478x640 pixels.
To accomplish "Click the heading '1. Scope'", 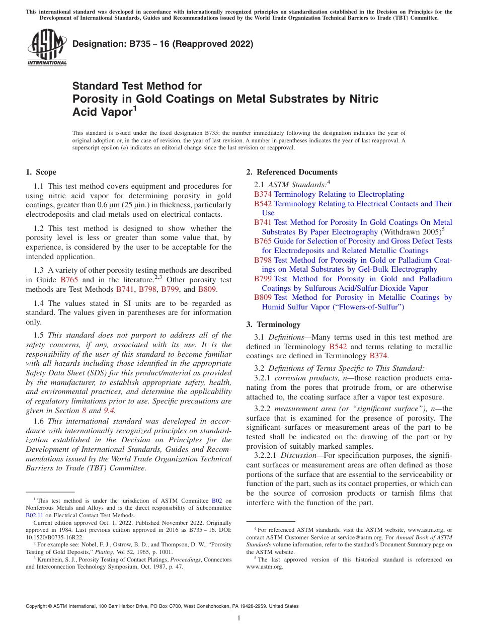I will pos(41,172).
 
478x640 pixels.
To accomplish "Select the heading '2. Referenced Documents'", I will pos(292,172).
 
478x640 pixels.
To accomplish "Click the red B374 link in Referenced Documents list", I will pos(263,194).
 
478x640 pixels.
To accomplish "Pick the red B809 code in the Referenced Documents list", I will pos(263,297).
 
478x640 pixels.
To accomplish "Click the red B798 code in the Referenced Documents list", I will pos(263,260).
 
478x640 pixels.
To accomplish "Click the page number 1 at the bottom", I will pos(239,618).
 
